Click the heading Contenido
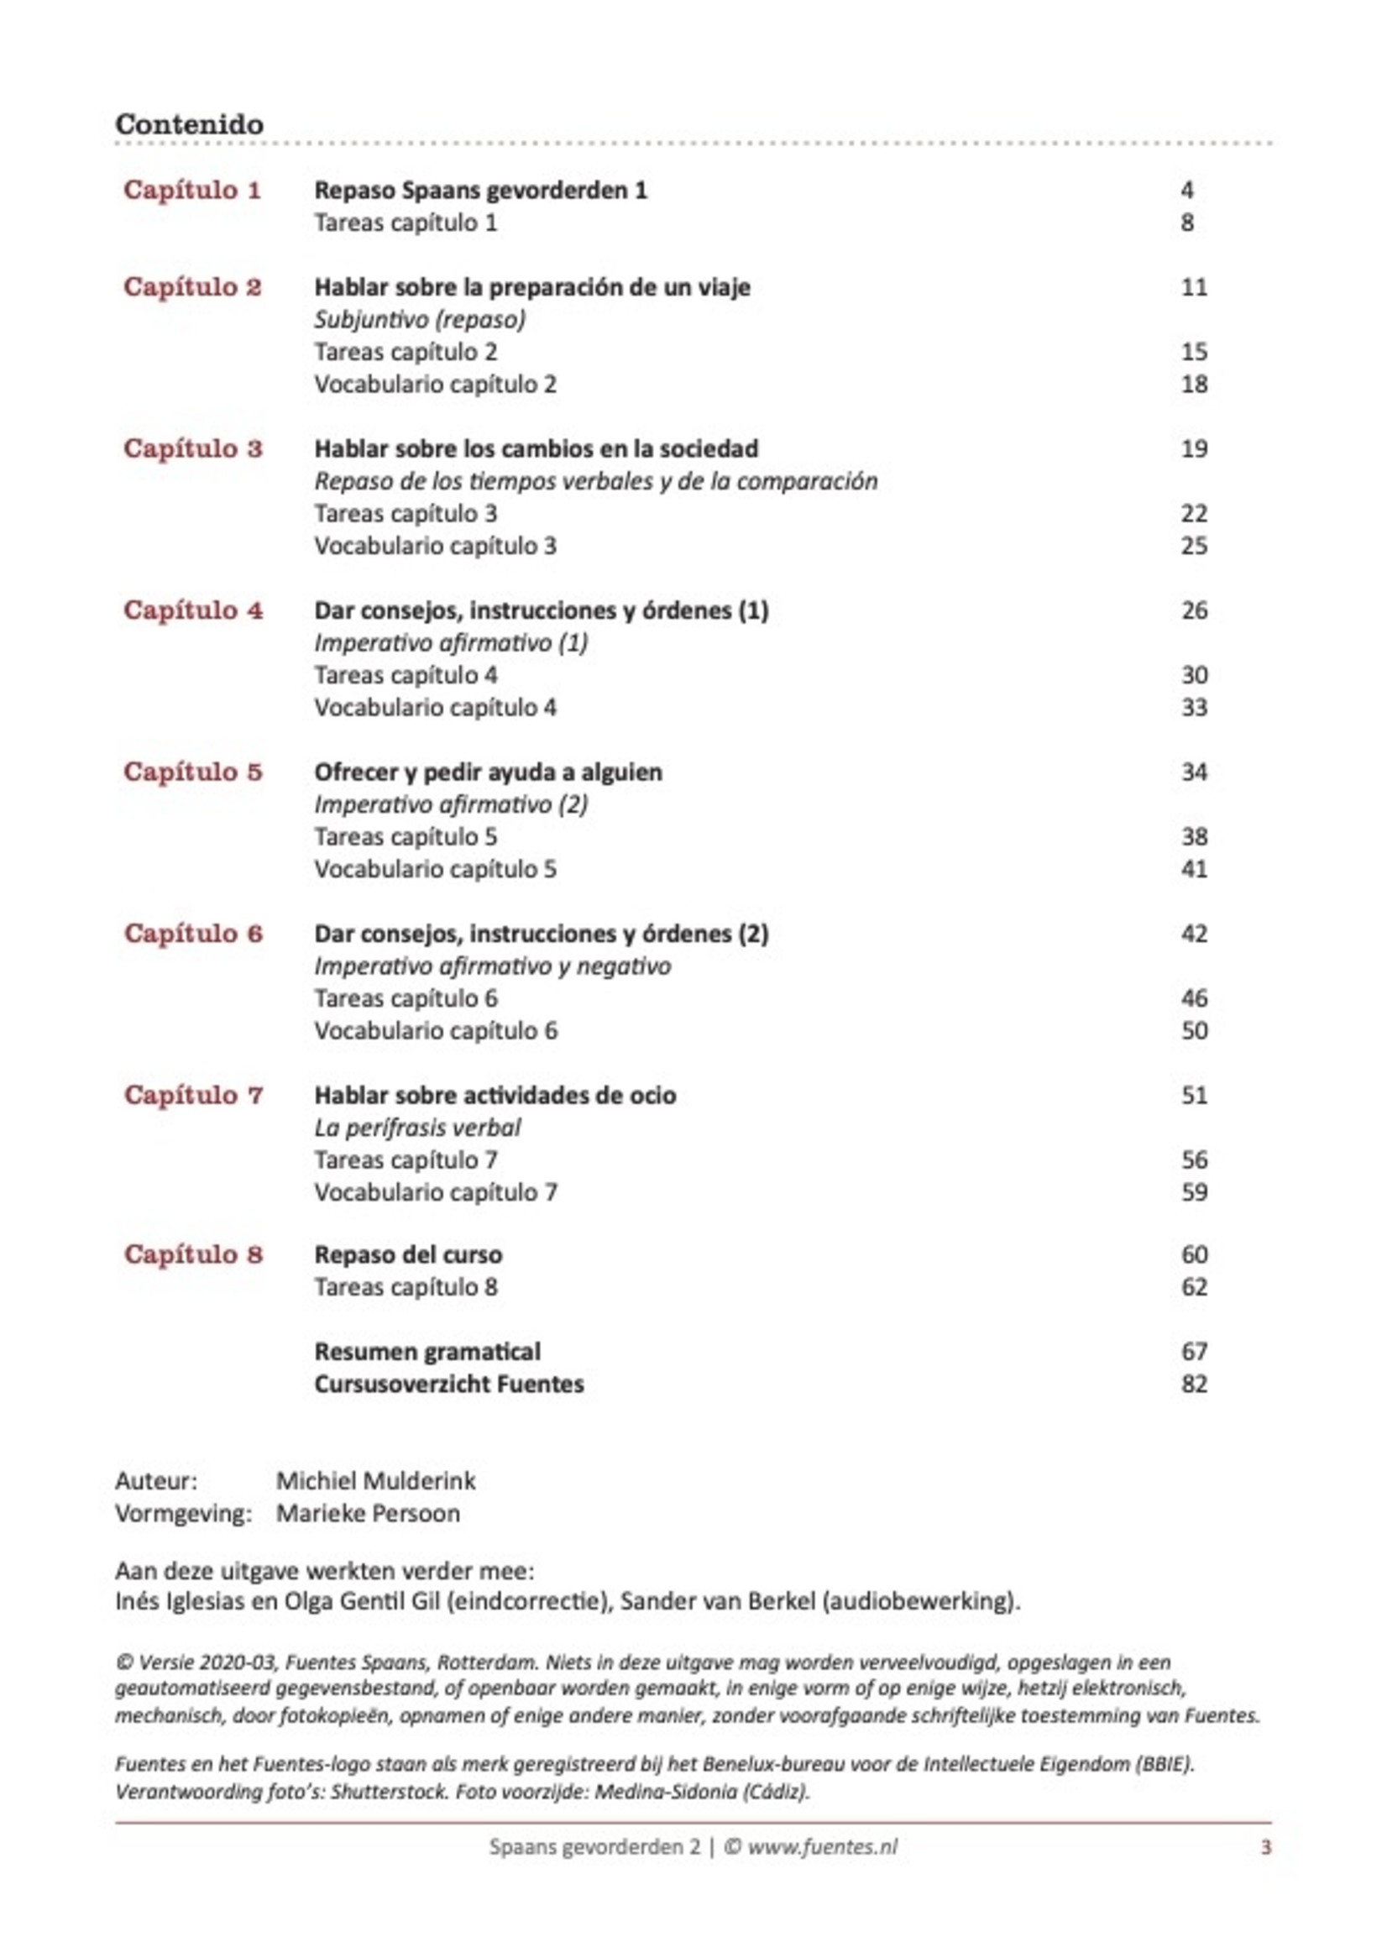click(x=189, y=125)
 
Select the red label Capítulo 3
click(x=193, y=448)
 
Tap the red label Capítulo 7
click(x=193, y=1095)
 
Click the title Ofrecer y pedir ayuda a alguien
click(x=488, y=772)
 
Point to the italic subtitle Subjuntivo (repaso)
click(x=419, y=319)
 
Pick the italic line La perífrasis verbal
click(x=416, y=1128)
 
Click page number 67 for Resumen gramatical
click(x=1193, y=1351)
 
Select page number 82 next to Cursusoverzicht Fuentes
click(x=1193, y=1384)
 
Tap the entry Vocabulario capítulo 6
click(x=436, y=1031)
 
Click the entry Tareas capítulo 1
click(x=405, y=222)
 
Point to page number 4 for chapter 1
click(x=1186, y=190)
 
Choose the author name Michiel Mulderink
click(x=376, y=1480)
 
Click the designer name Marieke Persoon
click(x=368, y=1513)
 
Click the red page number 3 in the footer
click(x=1266, y=1847)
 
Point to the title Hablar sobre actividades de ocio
click(x=495, y=1095)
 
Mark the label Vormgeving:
click(x=184, y=1513)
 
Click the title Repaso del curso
click(x=407, y=1254)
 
